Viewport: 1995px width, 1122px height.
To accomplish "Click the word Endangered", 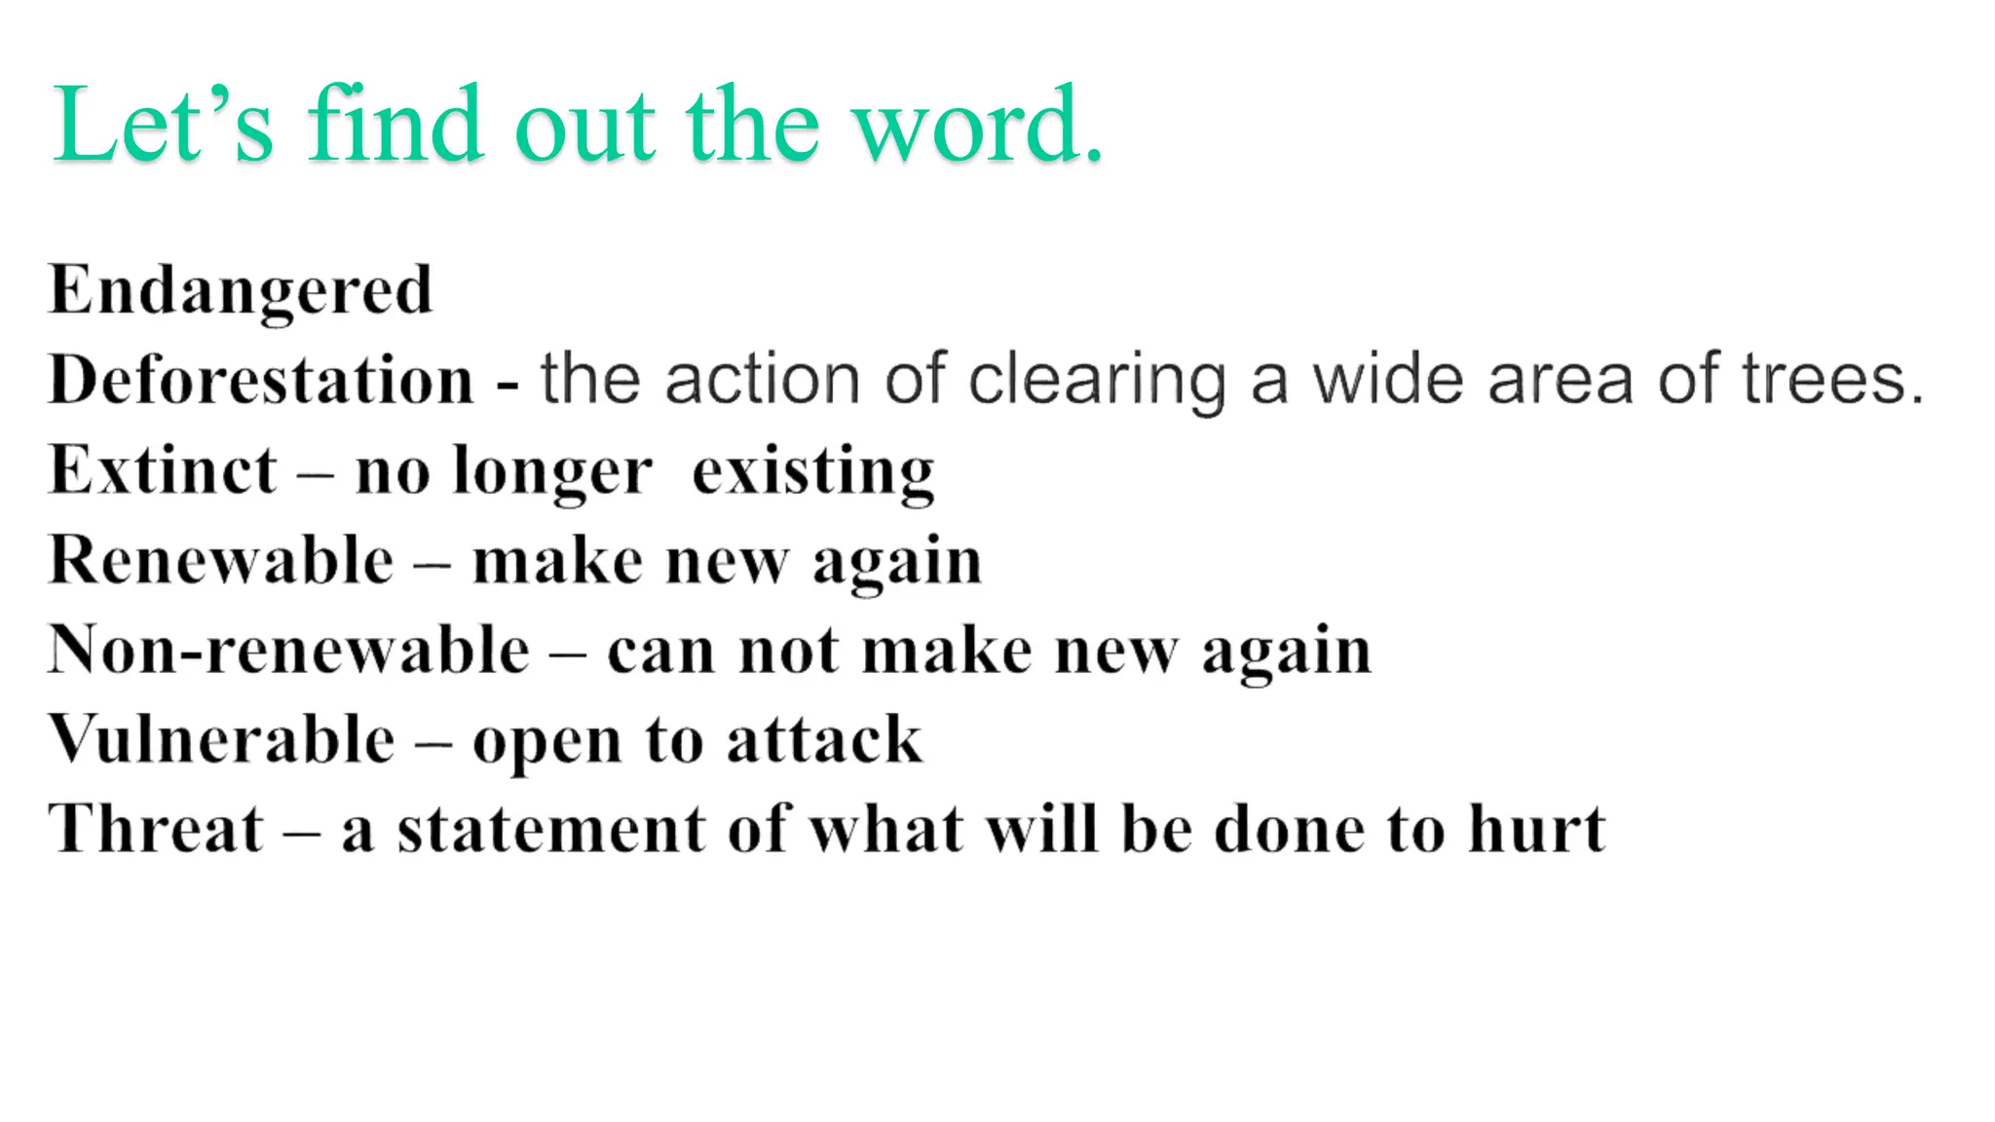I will pyautogui.click(x=241, y=290).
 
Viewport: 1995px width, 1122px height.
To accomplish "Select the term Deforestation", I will pyautogui.click(x=261, y=380).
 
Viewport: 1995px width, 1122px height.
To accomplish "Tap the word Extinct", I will pyautogui.click(x=163, y=470).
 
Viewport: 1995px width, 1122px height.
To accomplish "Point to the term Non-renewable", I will pyautogui.click(x=289, y=651).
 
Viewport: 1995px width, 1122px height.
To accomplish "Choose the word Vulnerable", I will pyautogui.click(x=222, y=740).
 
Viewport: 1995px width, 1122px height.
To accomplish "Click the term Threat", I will pyautogui.click(x=156, y=830).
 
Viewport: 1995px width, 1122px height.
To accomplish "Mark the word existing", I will pyautogui.click(x=813, y=472).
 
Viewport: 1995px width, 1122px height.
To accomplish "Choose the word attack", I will pyautogui.click(x=824, y=740).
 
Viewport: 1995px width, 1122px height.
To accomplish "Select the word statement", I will pyautogui.click(x=550, y=830).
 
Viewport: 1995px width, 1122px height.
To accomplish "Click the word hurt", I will pyautogui.click(x=1537, y=830).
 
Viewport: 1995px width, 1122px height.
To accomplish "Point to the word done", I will pyautogui.click(x=1290, y=830).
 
